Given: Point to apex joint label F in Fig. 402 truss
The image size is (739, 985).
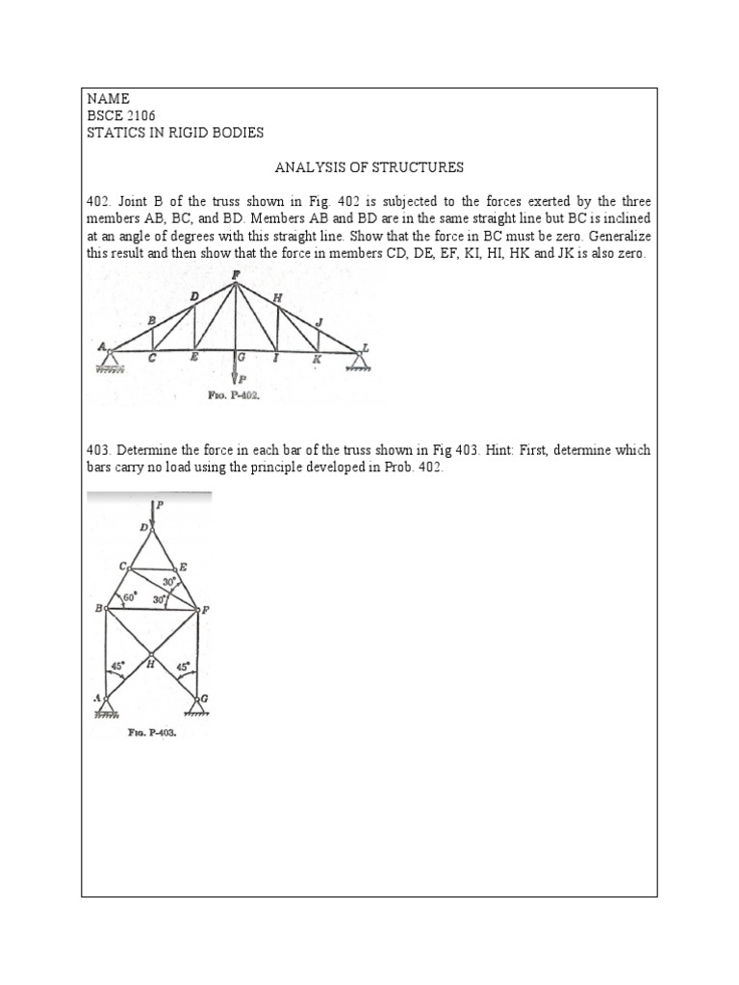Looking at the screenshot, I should pos(236,275).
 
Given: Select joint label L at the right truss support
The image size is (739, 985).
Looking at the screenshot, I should pos(366,347).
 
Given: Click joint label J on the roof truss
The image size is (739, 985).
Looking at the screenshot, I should pos(319,322).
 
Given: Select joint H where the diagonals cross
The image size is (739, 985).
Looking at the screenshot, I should pos(151,661).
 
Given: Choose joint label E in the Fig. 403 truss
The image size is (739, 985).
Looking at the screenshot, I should pos(182,568).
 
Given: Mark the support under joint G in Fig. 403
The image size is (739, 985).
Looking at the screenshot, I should pos(198,709).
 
